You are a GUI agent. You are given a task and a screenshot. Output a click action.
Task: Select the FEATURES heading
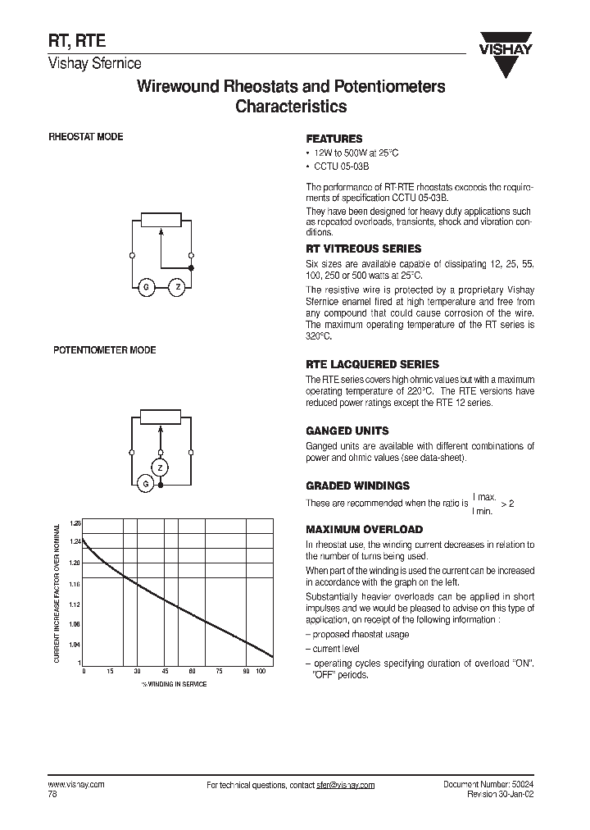pos(334,139)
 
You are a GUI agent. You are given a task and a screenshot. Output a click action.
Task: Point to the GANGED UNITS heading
pos(347,431)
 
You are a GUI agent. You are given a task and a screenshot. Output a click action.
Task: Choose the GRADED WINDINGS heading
pos(357,486)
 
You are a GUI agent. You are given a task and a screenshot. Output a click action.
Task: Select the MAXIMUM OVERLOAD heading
pos(364,530)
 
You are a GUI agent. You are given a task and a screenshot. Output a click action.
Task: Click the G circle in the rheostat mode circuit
pos(146,287)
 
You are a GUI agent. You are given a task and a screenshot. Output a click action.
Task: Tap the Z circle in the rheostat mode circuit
pos(176,287)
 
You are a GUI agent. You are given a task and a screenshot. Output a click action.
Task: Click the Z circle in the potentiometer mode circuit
pos(161,467)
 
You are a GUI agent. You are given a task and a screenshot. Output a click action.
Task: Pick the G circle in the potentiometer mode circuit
pos(146,485)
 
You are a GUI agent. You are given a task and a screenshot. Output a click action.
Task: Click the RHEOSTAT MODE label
pos(86,137)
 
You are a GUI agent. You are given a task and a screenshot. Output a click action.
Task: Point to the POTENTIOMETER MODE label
pos(104,350)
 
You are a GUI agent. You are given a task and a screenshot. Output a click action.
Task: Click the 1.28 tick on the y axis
pos(75,522)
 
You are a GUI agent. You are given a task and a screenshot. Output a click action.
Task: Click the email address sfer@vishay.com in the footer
pos(345,785)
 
